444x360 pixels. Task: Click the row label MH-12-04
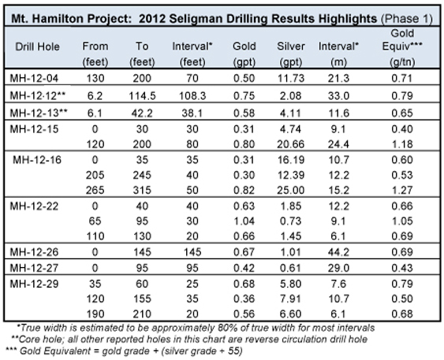point(34,78)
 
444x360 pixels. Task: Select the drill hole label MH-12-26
point(34,252)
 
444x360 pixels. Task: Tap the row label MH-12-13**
point(39,113)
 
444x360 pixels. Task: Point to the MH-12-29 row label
point(34,284)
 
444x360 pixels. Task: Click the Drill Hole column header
point(37,46)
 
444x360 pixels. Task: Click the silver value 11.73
point(291,78)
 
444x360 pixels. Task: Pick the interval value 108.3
point(192,96)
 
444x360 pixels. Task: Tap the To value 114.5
point(142,96)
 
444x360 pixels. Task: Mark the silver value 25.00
point(291,190)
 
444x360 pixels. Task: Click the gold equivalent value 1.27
point(402,190)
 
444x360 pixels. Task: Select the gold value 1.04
point(244,221)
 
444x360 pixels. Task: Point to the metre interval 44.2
point(338,252)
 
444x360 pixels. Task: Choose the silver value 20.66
point(291,144)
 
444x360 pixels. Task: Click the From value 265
point(95,190)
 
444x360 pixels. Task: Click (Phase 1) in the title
point(407,19)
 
